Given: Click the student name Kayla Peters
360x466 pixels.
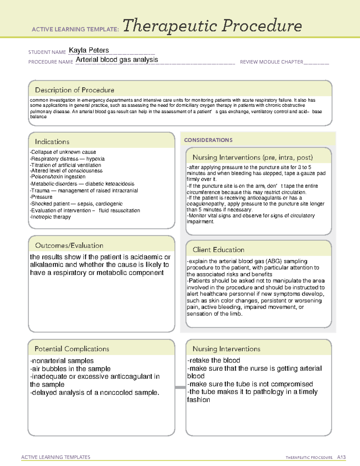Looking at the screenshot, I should point(89,50).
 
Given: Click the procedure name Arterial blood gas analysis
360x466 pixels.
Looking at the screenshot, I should point(117,60).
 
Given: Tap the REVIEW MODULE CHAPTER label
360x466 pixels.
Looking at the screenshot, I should point(271,62).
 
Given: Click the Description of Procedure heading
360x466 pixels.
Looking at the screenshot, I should point(74,90).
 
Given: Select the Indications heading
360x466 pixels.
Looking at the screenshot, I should point(52,142).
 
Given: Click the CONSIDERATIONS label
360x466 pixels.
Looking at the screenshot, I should point(208,140).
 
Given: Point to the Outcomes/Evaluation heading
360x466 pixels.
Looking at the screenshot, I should point(69,245).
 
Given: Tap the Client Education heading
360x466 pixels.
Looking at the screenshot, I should point(218,250).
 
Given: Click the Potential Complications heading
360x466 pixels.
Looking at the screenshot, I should point(72,349).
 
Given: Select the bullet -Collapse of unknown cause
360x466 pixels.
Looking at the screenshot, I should point(63,152).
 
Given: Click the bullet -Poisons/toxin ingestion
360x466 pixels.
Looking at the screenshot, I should point(58,177).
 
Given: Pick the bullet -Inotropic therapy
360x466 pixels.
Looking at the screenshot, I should point(50,217).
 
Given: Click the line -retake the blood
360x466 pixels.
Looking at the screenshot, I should point(214,360).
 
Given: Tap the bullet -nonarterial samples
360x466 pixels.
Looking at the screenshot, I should point(62,361).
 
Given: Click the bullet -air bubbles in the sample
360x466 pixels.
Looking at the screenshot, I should point(70,369).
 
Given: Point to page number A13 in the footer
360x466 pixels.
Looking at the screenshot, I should point(341,457).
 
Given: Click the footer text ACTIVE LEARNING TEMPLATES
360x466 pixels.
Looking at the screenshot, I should point(56,457).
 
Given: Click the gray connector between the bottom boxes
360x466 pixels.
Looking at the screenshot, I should point(180,387).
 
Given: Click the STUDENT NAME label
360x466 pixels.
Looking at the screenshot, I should point(47,52).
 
